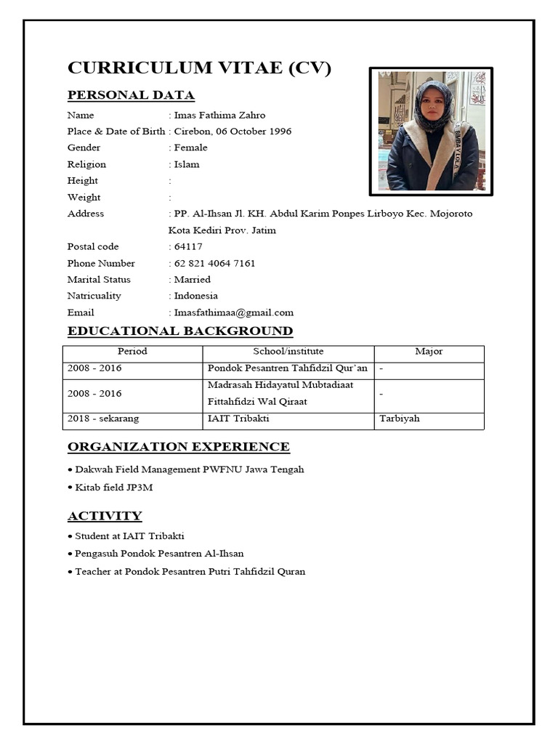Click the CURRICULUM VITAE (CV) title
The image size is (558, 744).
tap(199, 68)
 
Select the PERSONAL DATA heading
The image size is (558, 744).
tap(131, 95)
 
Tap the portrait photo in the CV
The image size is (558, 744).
tap(431, 132)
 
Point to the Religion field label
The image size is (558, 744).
tap(86, 164)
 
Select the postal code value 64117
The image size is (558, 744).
tap(188, 246)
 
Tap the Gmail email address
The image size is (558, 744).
tap(234, 312)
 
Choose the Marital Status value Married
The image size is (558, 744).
tap(193, 279)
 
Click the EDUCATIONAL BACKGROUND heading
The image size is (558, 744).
tap(180, 331)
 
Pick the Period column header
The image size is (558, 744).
tap(132, 352)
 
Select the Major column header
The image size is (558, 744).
tap(429, 352)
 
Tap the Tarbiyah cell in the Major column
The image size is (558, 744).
tap(400, 418)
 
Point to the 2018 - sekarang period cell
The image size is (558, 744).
tap(103, 418)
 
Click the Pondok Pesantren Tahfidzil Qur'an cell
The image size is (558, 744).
tap(288, 368)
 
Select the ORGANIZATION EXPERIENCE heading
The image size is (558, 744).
tap(178, 447)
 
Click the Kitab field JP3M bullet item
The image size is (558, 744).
tap(114, 488)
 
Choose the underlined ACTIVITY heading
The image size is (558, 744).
tap(105, 516)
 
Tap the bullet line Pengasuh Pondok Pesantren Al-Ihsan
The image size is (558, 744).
tap(159, 554)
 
